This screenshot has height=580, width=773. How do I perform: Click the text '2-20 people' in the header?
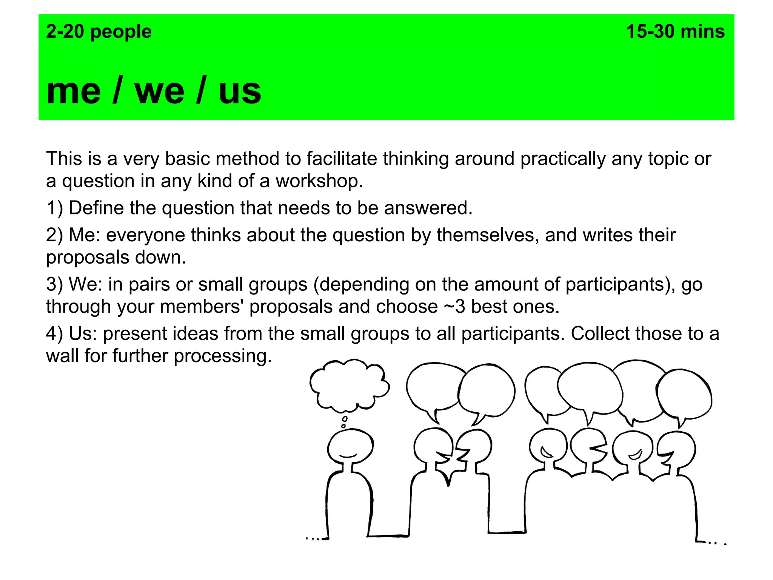(99, 32)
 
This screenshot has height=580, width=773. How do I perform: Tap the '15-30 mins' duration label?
(675, 32)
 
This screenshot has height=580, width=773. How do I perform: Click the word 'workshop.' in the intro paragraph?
(319, 181)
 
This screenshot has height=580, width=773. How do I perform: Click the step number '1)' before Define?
(55, 208)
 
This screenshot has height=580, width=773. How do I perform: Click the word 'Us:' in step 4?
(83, 334)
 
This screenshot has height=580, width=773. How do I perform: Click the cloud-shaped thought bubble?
(349, 385)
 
